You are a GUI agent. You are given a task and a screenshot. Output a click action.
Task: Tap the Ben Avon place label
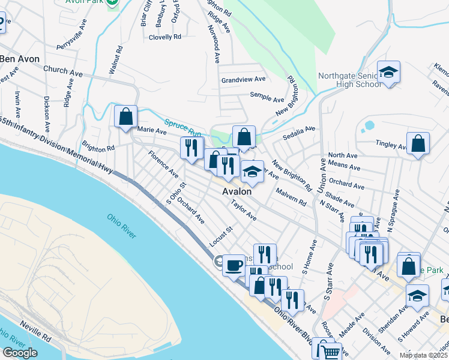(19, 59)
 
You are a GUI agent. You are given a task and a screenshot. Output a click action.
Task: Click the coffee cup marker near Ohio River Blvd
(234, 264)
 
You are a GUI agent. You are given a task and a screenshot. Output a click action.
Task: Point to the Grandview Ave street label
(243, 79)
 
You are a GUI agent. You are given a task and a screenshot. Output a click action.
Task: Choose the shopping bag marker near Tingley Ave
(418, 143)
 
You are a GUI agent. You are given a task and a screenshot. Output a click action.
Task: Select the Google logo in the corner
(20, 353)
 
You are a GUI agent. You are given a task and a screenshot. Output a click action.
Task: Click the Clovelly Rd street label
(164, 37)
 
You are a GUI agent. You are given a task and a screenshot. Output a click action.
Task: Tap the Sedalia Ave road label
(299, 131)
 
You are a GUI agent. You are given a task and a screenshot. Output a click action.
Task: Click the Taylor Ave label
(244, 210)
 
